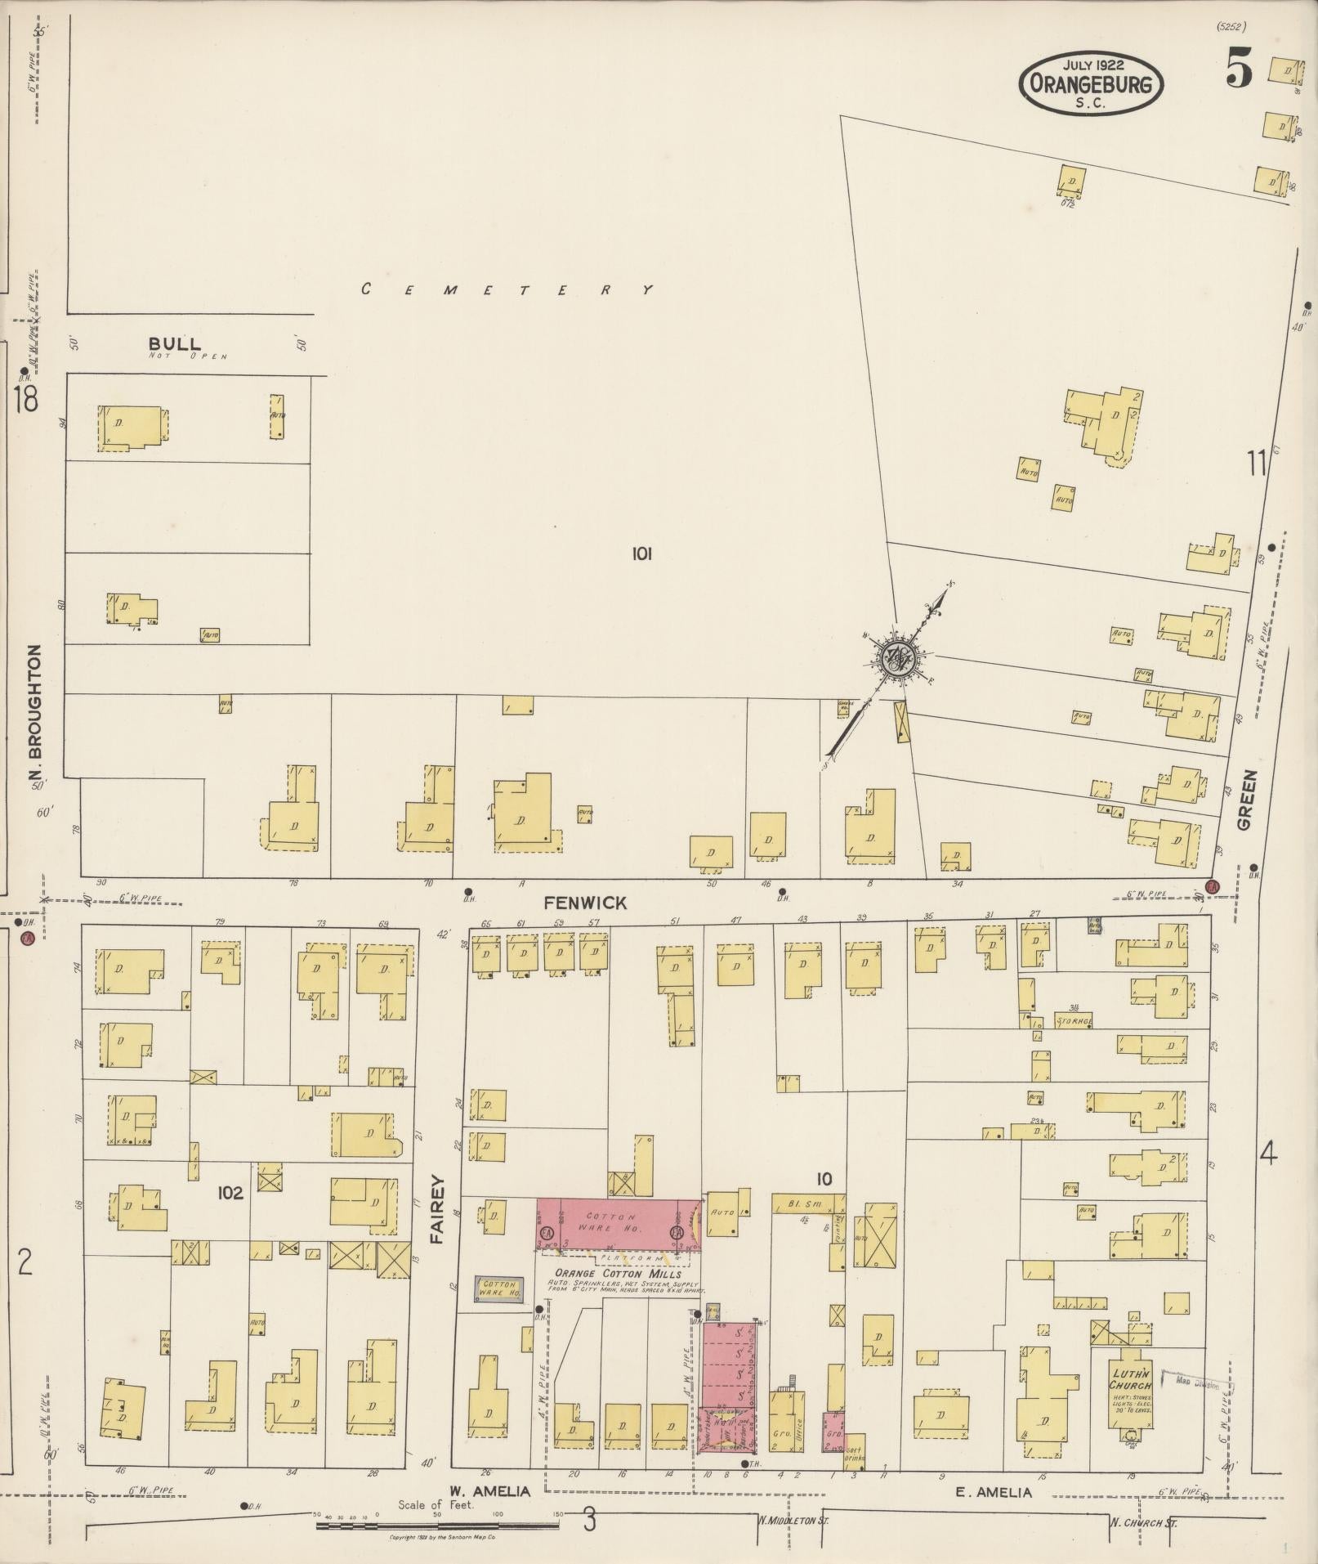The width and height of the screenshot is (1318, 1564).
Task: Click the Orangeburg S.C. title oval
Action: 1090,83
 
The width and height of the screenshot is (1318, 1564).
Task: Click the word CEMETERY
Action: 507,289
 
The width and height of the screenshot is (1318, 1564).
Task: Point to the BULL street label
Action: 174,344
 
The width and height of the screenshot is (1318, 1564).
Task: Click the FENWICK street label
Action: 585,903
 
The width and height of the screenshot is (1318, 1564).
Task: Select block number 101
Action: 641,554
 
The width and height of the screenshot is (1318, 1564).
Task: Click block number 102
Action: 230,1193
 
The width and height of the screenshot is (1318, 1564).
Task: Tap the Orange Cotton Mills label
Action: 619,1273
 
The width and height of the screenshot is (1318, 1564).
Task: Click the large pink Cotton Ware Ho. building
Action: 619,1223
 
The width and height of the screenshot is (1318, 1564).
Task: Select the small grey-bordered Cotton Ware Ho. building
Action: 498,1289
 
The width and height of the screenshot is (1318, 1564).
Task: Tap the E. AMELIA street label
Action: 994,1492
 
